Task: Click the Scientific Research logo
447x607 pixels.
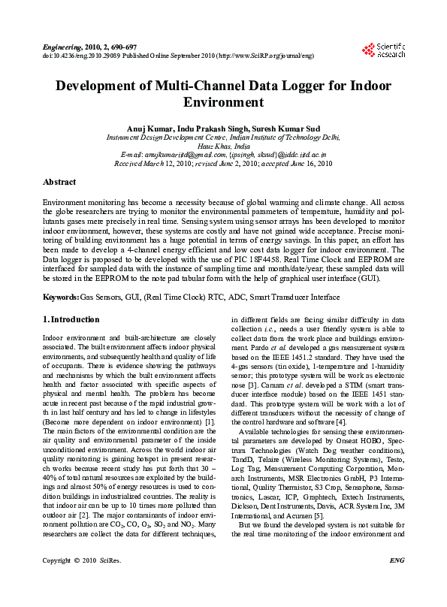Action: click(x=384, y=50)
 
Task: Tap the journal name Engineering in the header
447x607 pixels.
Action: click(x=63, y=47)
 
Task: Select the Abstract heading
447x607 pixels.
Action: click(x=59, y=182)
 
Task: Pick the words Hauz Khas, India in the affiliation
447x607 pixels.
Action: click(x=223, y=145)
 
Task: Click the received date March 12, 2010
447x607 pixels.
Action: click(x=165, y=162)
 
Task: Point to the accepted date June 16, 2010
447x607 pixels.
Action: click(x=307, y=162)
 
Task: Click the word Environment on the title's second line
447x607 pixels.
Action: click(x=223, y=103)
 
